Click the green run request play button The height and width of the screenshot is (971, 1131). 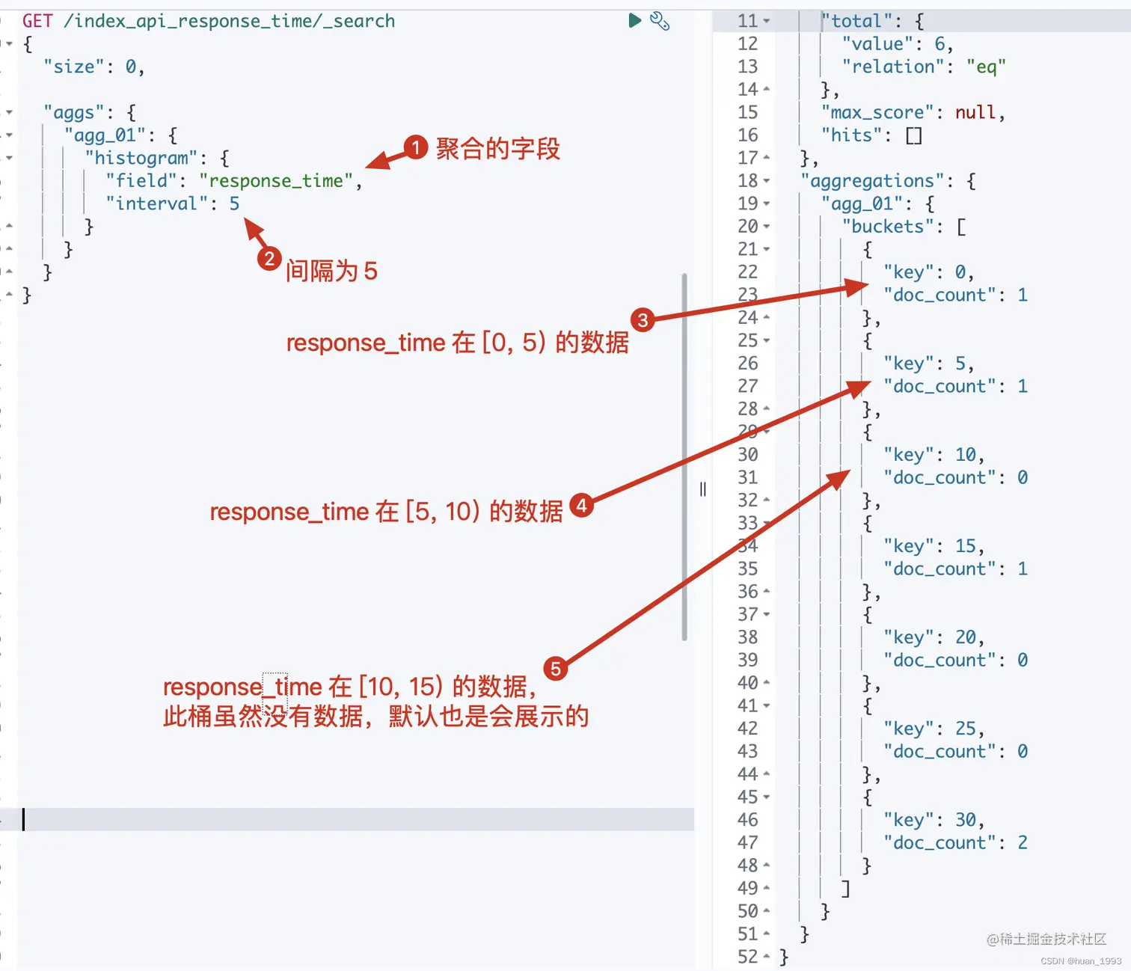click(x=635, y=20)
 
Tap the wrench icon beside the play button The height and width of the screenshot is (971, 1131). click(x=660, y=21)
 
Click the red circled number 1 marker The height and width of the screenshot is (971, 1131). click(x=415, y=147)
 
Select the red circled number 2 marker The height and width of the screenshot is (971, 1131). click(x=269, y=259)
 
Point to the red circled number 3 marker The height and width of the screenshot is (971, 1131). click(x=643, y=320)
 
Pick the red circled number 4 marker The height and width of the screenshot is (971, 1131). click(x=581, y=506)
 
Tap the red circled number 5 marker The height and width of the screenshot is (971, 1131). click(x=555, y=668)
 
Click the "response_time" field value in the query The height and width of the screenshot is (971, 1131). click(x=276, y=181)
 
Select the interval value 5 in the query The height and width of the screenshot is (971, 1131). click(x=234, y=203)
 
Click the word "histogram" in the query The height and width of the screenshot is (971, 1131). click(x=141, y=158)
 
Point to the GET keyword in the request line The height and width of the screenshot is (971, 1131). click(x=37, y=21)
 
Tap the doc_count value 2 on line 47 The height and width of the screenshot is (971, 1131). click(x=1023, y=843)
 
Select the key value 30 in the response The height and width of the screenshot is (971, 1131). click(x=966, y=820)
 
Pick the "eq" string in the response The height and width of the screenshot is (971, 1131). click(x=986, y=67)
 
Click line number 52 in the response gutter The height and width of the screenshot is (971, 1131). click(x=747, y=957)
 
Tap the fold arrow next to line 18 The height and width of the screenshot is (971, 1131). click(x=767, y=181)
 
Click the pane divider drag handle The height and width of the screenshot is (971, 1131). click(x=702, y=489)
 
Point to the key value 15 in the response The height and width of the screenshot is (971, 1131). click(x=966, y=546)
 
